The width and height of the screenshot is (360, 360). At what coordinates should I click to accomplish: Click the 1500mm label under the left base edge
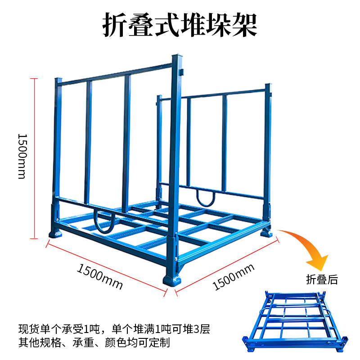pos(99,276)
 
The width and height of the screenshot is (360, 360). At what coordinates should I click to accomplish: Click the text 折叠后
pos(322,279)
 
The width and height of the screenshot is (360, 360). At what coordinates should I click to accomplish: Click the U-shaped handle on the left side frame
pos(104,221)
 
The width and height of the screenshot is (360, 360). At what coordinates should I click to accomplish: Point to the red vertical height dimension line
pos(33,157)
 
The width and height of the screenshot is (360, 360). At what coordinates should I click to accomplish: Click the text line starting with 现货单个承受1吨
pos(114,329)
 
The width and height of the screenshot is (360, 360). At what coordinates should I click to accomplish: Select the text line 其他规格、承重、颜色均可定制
pos(94,342)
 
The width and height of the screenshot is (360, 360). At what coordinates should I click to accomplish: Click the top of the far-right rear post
pos(268,85)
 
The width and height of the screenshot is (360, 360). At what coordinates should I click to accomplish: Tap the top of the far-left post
pos(58,80)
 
